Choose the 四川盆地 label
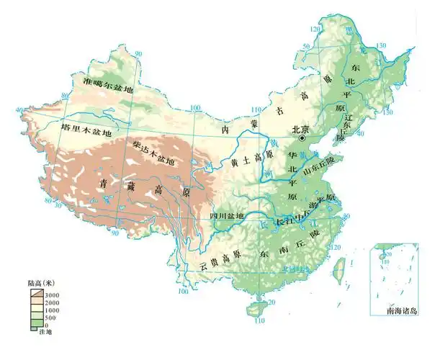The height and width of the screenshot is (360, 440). (x=227, y=216)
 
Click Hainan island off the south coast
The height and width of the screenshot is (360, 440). (x=253, y=308)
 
